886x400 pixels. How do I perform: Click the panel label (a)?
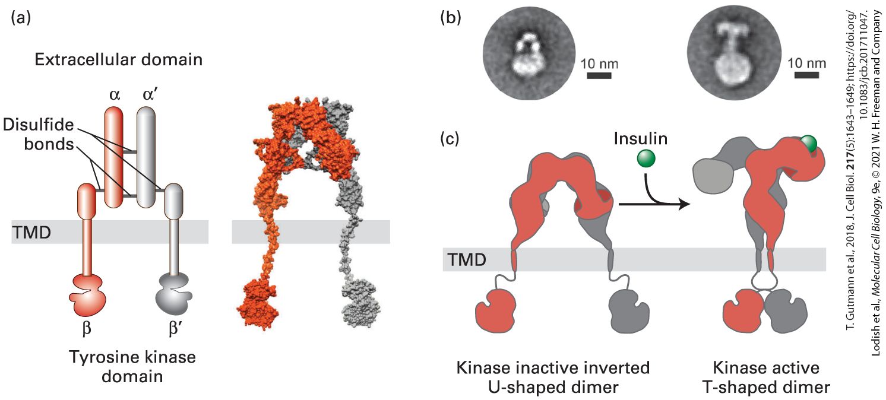click(21, 17)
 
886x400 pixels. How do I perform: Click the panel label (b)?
click(451, 18)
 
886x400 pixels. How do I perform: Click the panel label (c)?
click(450, 139)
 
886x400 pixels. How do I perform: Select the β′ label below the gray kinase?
click(175, 328)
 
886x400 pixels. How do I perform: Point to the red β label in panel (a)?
click(87, 328)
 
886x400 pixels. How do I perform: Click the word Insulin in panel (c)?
click(640, 139)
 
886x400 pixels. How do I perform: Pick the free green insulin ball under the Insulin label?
click(646, 158)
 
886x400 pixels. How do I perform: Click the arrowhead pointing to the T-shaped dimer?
click(684, 204)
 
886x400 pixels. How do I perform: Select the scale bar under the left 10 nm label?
click(599, 75)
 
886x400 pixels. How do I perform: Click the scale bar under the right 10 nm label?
click(806, 75)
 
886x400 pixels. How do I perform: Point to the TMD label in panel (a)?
click(31, 233)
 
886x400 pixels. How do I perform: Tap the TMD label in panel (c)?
click(467, 260)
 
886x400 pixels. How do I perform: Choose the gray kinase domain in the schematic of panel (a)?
click(174, 294)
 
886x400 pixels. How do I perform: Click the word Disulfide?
click(39, 125)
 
